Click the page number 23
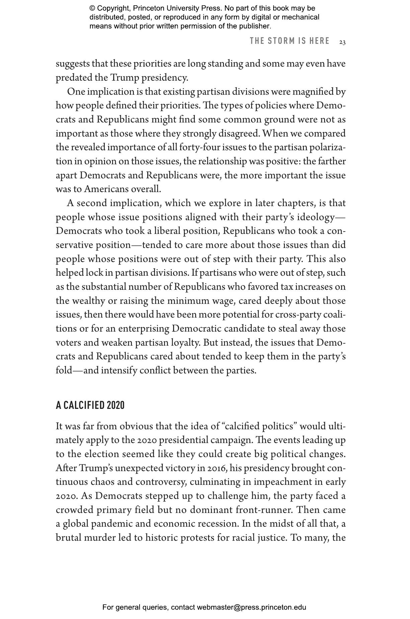342,42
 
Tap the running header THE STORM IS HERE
290,41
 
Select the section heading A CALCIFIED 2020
90,406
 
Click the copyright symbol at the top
92,8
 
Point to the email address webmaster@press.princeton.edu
251,607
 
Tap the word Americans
106,189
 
